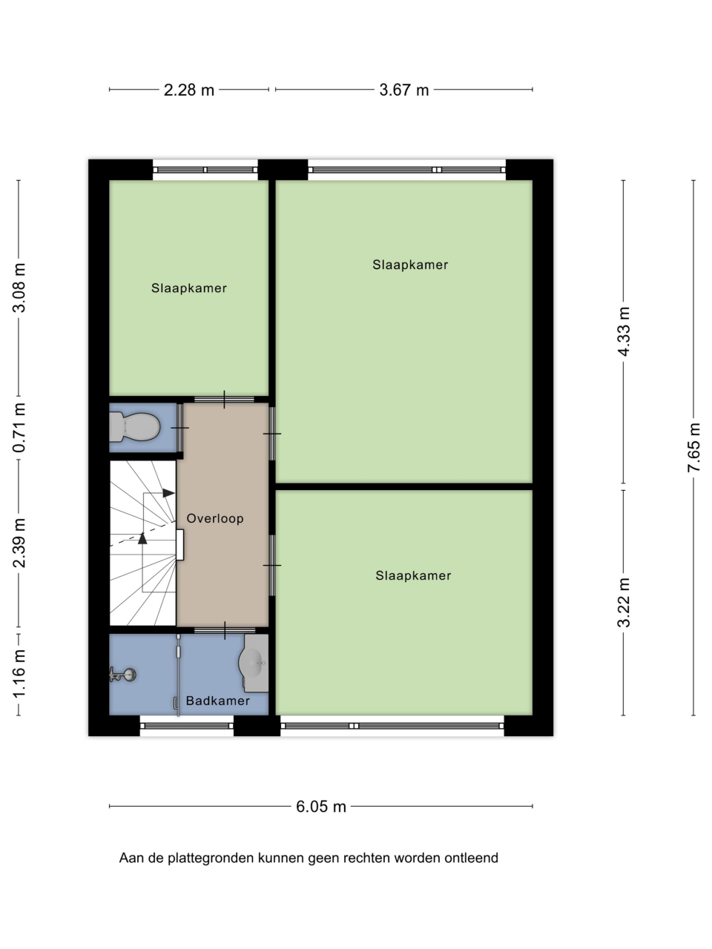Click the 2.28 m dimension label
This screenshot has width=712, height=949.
[189, 90]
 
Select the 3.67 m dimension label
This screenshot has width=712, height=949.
[403, 90]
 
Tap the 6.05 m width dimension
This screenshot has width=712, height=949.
[320, 807]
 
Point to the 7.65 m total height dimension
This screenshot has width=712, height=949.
[693, 448]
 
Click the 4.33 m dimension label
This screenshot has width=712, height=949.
[624, 331]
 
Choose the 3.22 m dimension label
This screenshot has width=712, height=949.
[624, 602]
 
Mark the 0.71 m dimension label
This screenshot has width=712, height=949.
[19, 428]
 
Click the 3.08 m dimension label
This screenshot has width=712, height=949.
[19, 288]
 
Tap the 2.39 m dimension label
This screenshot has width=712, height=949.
[19, 543]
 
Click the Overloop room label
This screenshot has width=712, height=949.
[215, 518]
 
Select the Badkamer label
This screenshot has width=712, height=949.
[218, 701]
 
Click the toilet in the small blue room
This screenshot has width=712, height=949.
[134, 427]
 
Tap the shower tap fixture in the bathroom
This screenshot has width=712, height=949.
[123, 675]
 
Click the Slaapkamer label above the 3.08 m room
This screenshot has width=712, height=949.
[189, 288]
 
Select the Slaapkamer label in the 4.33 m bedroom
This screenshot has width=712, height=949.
[410, 265]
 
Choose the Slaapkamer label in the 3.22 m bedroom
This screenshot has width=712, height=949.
[413, 575]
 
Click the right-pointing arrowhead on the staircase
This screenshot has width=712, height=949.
[168, 493]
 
